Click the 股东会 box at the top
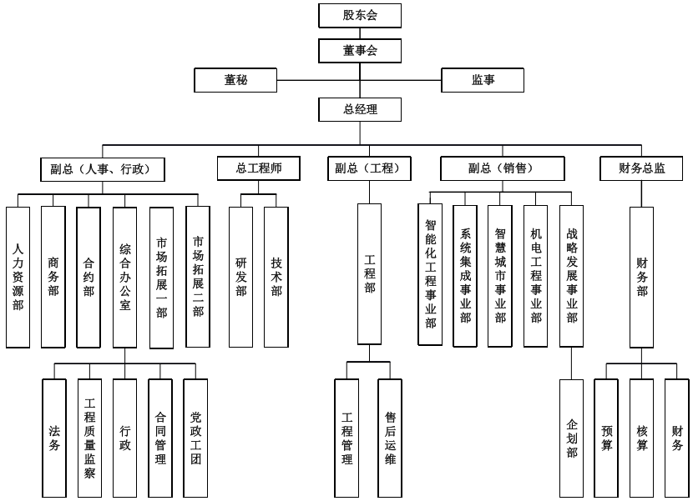(x=360, y=15)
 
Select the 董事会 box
(x=360, y=51)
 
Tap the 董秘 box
(x=235, y=80)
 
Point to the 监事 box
(x=483, y=80)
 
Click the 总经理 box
(x=360, y=109)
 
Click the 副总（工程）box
(x=369, y=168)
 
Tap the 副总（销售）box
(x=500, y=168)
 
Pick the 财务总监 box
(x=642, y=168)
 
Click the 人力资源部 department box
(x=18, y=276)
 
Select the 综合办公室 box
(x=124, y=276)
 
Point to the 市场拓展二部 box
(x=197, y=276)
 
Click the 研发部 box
(x=240, y=276)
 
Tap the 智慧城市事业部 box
(x=500, y=276)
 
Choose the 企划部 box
(x=572, y=438)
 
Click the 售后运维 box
(x=390, y=438)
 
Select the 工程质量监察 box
(x=89, y=438)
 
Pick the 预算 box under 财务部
(x=606, y=438)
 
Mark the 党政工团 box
(x=195, y=438)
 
